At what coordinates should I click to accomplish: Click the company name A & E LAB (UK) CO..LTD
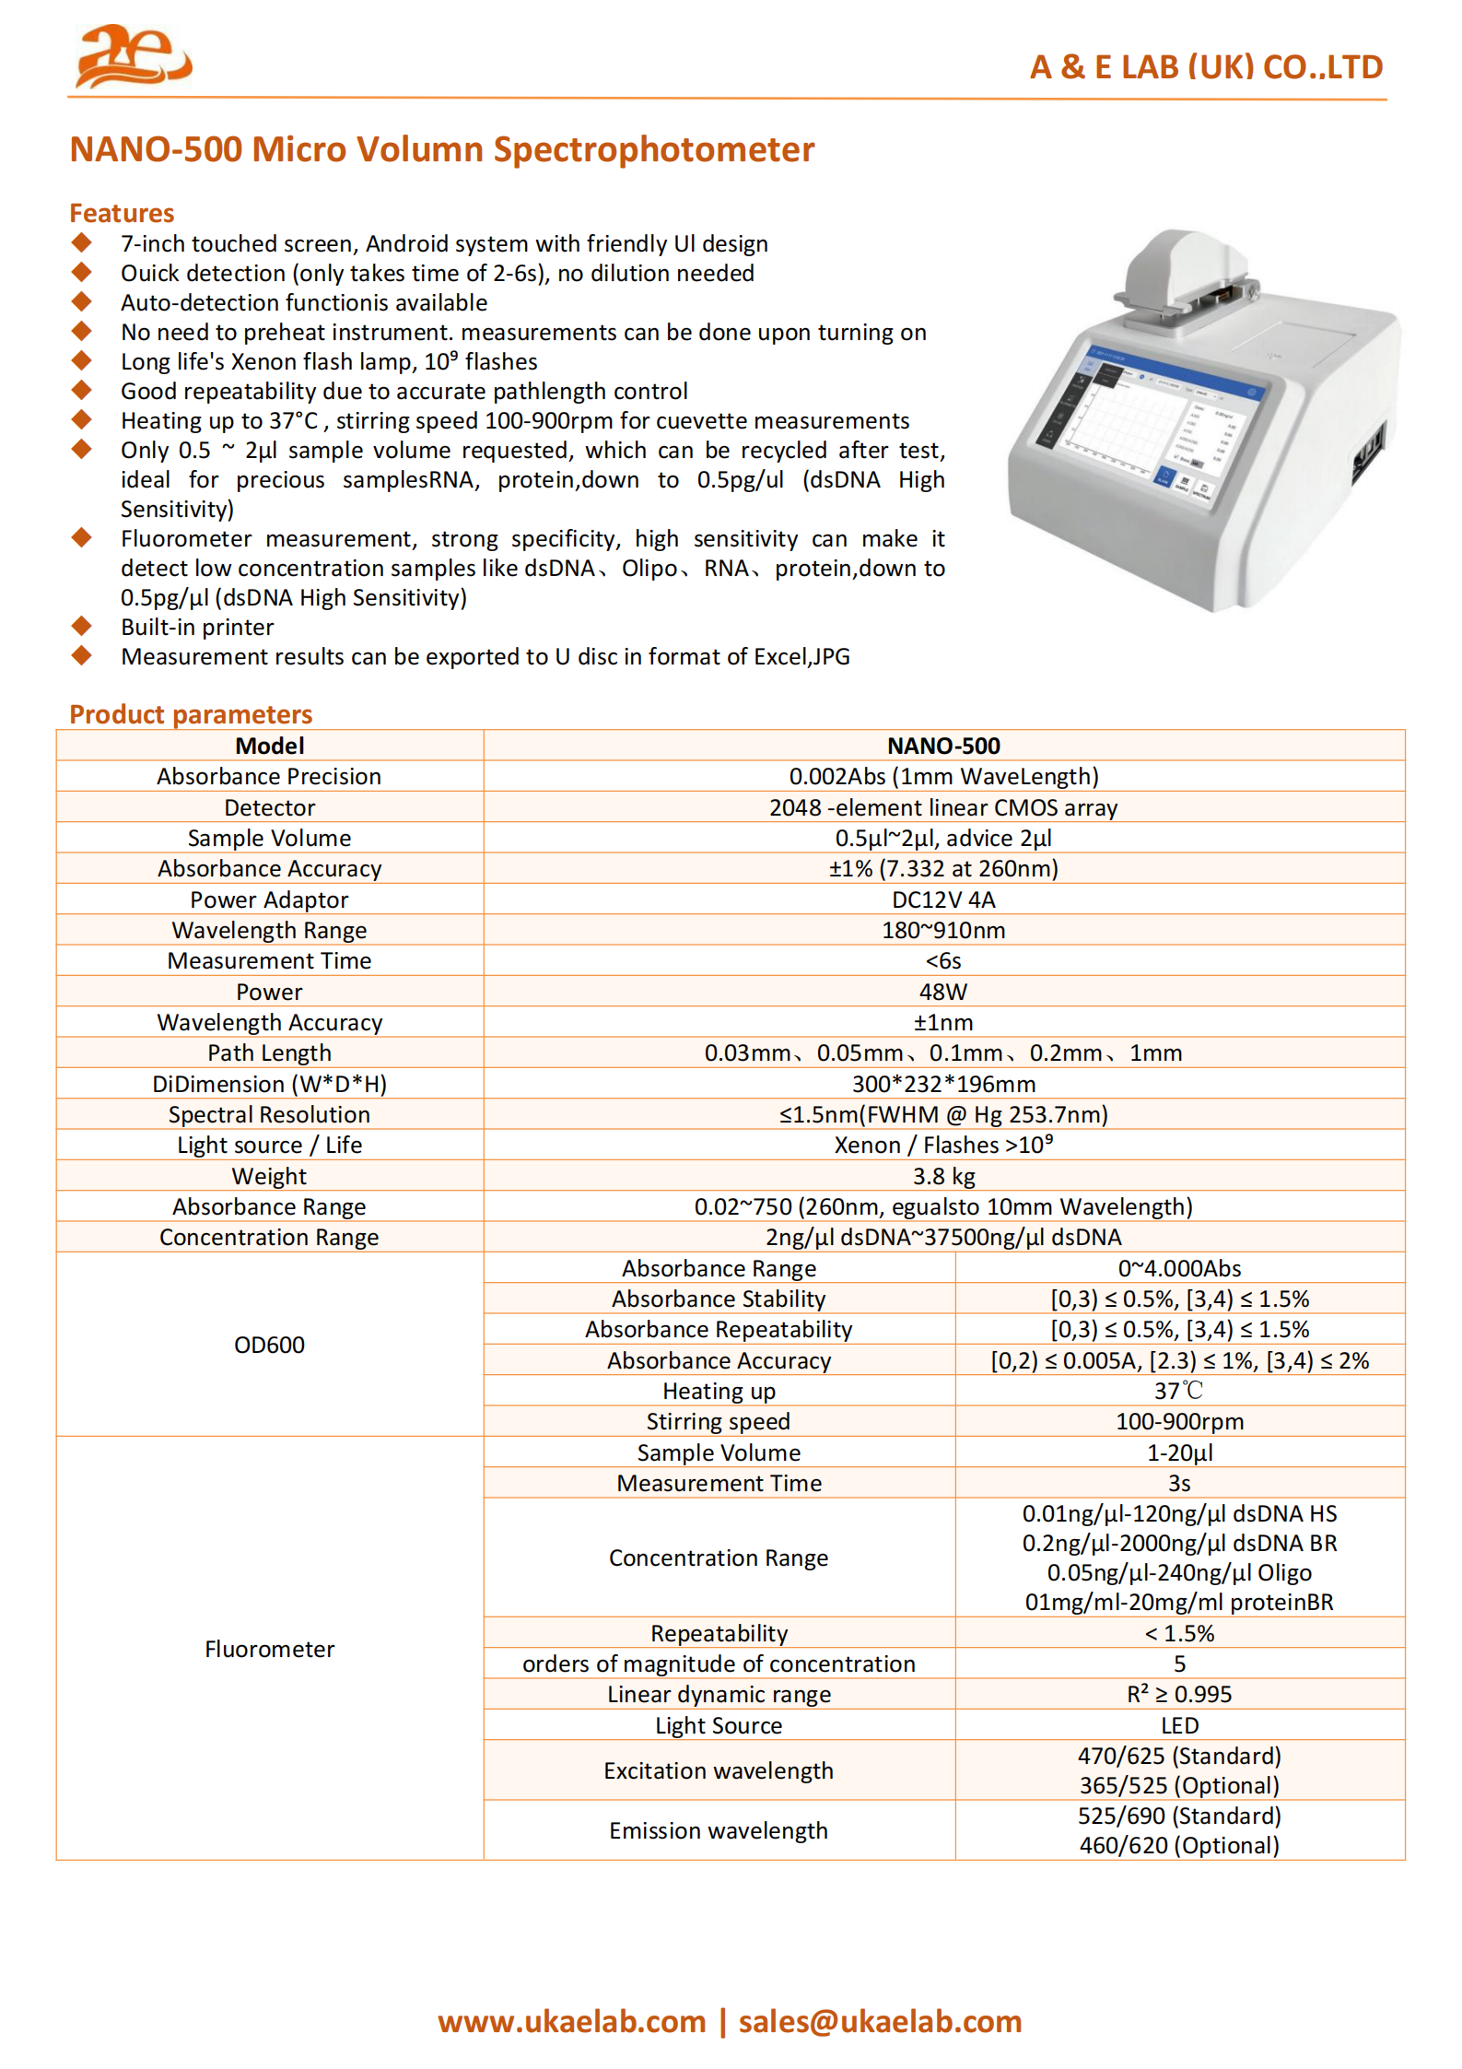[x=1205, y=67]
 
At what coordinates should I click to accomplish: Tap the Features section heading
[x=122, y=214]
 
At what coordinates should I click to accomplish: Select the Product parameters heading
[x=191, y=714]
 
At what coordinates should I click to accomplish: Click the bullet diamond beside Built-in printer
[x=82, y=627]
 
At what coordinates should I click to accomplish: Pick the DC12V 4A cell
[x=943, y=899]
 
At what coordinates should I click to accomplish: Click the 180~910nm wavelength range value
[x=943, y=930]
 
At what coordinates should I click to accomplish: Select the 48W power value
[x=943, y=992]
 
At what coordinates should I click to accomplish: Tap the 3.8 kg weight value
[x=943, y=1176]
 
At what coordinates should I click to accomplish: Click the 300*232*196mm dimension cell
[x=943, y=1084]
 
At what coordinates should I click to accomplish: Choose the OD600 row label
[x=269, y=1345]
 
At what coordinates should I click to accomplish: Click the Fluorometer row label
[x=269, y=1649]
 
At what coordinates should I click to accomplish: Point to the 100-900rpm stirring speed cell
[x=1179, y=1421]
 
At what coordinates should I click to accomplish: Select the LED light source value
[x=1179, y=1725]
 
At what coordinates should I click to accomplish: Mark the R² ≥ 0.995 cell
[x=1179, y=1694]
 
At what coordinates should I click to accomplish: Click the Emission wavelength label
[x=719, y=1830]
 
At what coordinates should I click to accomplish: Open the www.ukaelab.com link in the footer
[x=571, y=2021]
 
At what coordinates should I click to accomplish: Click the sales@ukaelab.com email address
[x=880, y=2021]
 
